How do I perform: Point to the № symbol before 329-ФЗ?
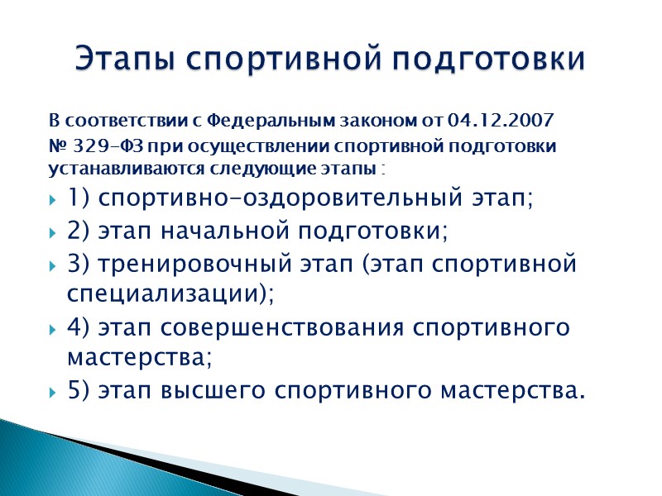click(58, 146)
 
